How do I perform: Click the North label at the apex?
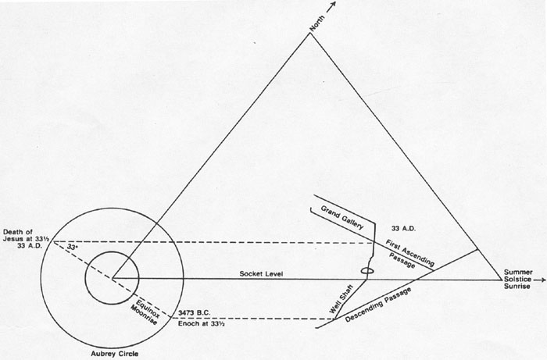316,23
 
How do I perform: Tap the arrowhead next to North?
333,5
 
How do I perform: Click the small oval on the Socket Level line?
365,271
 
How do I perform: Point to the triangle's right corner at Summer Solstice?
502,278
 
